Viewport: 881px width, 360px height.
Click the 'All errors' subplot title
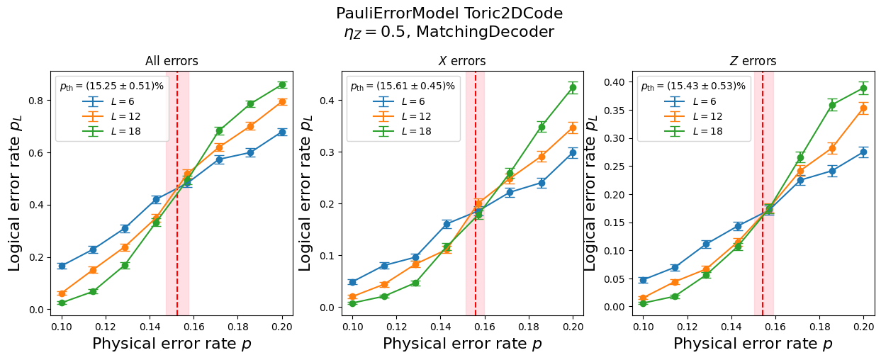pyautogui.click(x=172, y=61)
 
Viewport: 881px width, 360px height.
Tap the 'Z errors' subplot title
pyautogui.click(x=753, y=61)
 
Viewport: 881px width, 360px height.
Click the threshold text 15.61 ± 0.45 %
pyautogui.click(x=403, y=86)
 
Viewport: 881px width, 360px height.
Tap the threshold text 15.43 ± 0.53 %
pyautogui.click(x=693, y=86)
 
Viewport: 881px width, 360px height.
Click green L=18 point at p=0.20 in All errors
pyautogui.click(x=282, y=85)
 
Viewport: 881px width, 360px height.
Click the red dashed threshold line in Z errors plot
pyautogui.click(x=763, y=213)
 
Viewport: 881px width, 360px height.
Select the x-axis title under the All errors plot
pyautogui.click(x=172, y=344)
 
